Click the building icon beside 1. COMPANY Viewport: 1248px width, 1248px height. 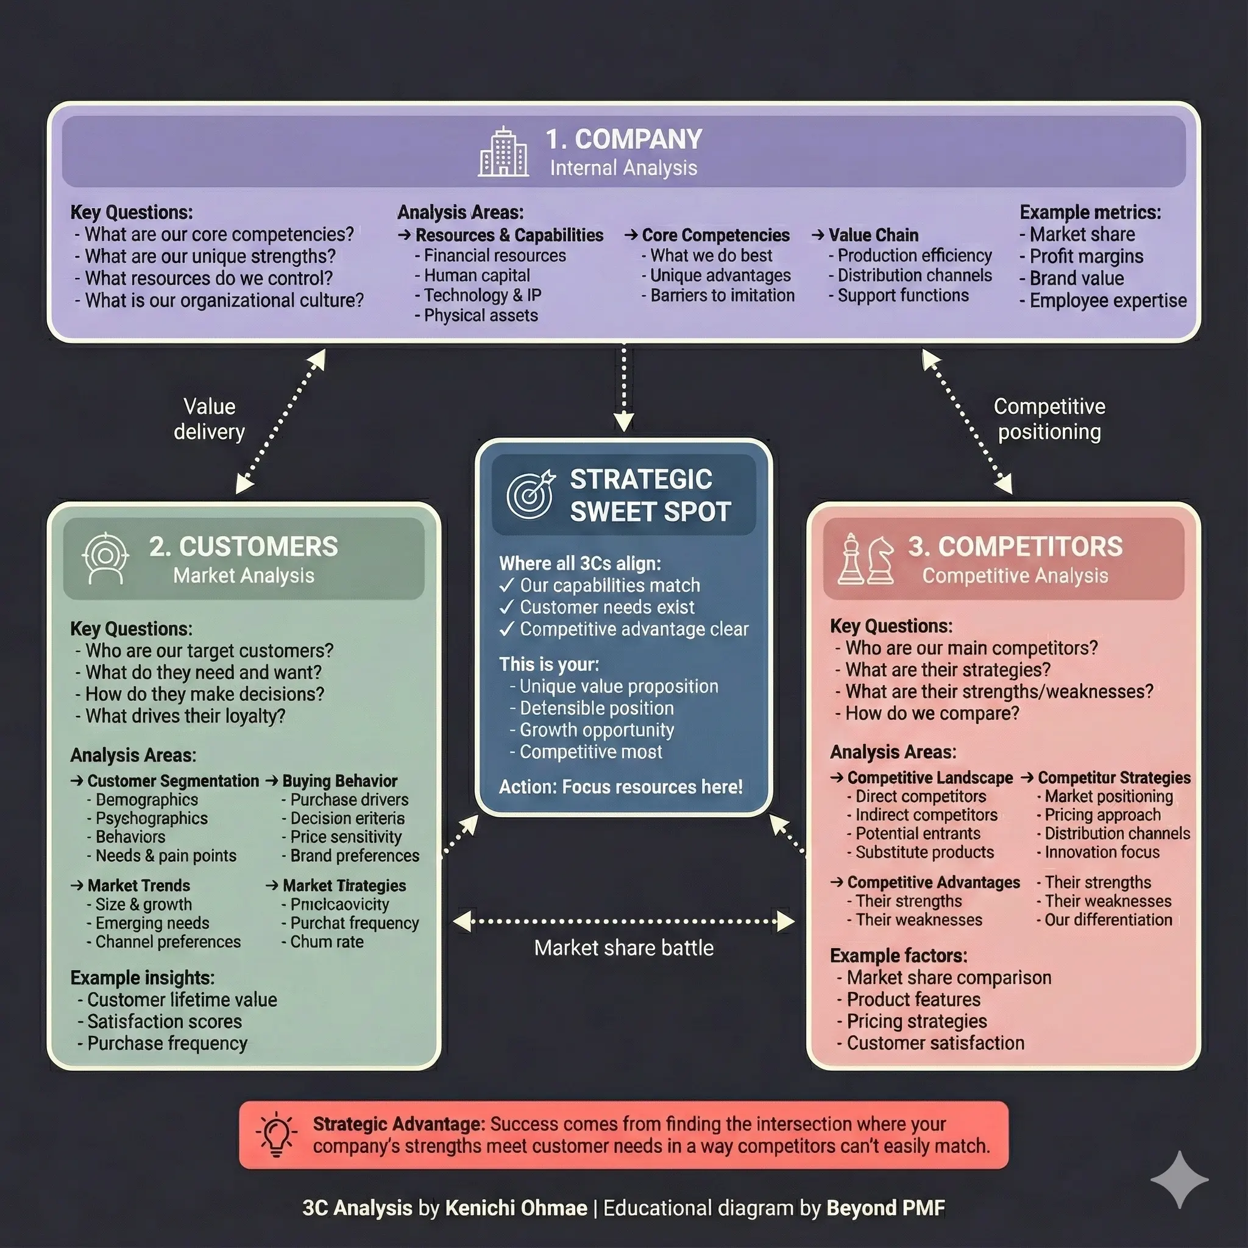coord(503,152)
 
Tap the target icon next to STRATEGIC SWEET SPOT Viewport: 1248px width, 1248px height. coord(530,495)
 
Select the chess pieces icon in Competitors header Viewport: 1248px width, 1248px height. coord(865,559)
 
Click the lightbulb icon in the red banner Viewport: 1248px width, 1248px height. coord(277,1134)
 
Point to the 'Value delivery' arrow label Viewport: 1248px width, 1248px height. coord(208,419)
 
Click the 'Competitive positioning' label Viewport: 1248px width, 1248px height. coord(1049,419)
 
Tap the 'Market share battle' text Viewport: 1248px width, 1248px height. coord(623,948)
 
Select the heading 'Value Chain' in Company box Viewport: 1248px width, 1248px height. coord(873,235)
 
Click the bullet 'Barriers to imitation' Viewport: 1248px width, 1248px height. coord(721,295)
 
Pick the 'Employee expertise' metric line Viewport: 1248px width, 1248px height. coord(1107,300)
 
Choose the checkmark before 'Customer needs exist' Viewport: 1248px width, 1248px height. coord(506,607)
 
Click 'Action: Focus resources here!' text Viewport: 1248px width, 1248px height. coord(620,787)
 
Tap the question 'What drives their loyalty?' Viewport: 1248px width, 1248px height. coord(185,716)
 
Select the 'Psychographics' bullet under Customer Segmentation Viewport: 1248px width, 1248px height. coord(151,818)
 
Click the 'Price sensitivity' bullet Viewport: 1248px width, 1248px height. coord(346,837)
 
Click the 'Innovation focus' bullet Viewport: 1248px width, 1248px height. coord(1101,852)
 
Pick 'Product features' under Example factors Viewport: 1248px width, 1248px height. coord(913,999)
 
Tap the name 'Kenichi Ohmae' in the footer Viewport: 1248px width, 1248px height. coord(516,1208)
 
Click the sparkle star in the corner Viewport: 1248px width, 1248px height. coord(1179,1180)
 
